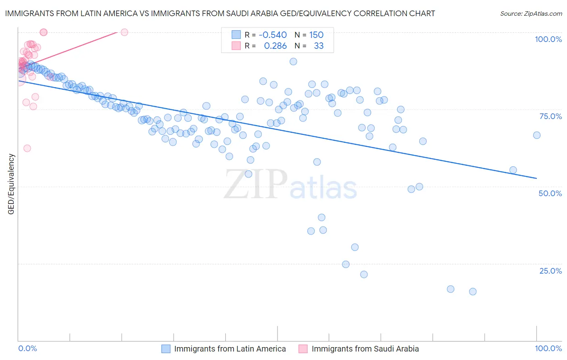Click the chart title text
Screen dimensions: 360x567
tap(220, 13)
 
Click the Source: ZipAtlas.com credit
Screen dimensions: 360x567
tap(531, 13)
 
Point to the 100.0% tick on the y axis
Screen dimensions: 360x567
tap(548, 39)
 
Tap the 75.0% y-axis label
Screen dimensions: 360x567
tap(550, 116)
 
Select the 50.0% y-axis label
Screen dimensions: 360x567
tap(550, 193)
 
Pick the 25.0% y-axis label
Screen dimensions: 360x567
tap(550, 271)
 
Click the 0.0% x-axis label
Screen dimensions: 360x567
tap(27, 348)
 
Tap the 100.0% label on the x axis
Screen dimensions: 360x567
tap(548, 348)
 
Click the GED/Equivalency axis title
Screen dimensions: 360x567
tap(11, 184)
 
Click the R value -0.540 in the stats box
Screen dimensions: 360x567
tap(273, 35)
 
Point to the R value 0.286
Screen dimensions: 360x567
tap(275, 46)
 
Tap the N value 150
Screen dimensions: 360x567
tap(316, 35)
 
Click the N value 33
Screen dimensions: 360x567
tap(319, 46)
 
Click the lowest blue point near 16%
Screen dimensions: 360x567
tap(473, 291)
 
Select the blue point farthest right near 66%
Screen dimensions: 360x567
tap(537, 135)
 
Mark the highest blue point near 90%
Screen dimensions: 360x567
tap(293, 61)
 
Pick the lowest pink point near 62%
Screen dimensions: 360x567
tap(27, 148)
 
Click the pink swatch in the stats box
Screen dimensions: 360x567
tap(236, 46)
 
